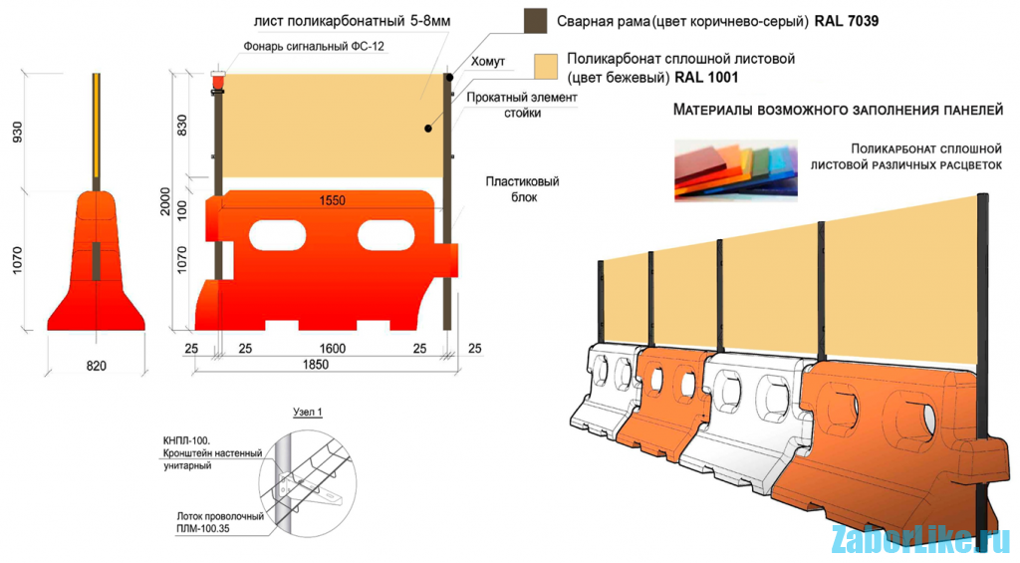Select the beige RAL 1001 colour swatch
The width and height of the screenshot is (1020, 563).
pyautogui.click(x=543, y=67)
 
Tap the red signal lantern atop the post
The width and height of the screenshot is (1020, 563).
pyautogui.click(x=218, y=79)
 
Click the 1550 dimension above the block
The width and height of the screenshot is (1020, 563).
pyautogui.click(x=332, y=200)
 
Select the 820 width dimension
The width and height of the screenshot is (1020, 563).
pyautogui.click(x=96, y=367)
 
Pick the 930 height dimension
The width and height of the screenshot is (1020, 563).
pyautogui.click(x=17, y=132)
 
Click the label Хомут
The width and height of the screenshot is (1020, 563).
pyautogui.click(x=487, y=62)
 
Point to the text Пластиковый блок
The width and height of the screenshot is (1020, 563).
pyautogui.click(x=523, y=189)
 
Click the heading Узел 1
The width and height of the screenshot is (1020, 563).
pyautogui.click(x=308, y=413)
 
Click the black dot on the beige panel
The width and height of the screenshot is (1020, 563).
pyautogui.click(x=427, y=129)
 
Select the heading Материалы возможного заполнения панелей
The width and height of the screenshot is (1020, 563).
pyautogui.click(x=837, y=110)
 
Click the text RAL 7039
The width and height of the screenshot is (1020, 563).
pyautogui.click(x=847, y=20)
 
